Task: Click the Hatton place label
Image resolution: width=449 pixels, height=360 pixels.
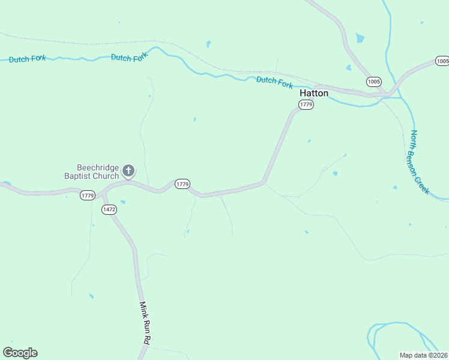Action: [314, 94]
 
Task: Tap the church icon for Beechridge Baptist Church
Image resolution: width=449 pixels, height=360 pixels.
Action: [128, 171]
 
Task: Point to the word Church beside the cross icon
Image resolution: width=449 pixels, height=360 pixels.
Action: [106, 176]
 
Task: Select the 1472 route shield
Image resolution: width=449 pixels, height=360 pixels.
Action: [109, 209]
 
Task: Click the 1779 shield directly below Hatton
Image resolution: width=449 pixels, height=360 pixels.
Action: [306, 105]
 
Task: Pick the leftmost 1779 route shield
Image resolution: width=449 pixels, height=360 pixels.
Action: [88, 196]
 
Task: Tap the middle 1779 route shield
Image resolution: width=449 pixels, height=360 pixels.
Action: [182, 184]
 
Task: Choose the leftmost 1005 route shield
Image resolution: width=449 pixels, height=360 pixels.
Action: [374, 81]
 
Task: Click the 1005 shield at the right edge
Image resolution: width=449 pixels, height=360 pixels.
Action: [442, 61]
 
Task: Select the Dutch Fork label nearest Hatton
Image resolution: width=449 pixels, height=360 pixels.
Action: [274, 82]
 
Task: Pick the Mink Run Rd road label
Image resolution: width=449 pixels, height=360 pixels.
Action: [145, 323]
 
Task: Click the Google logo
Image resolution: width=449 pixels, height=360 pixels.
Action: [20, 353]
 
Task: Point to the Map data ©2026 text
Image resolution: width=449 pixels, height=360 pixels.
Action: [423, 355]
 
